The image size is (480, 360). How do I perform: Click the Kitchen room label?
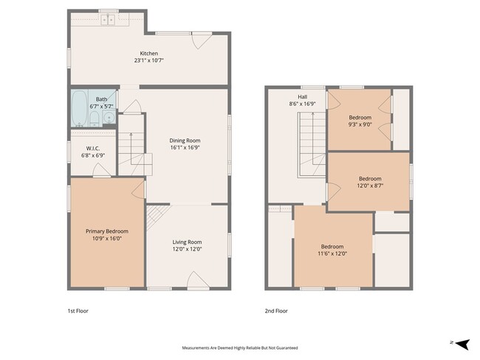[x=148, y=53]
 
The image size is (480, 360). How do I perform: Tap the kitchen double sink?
[x=108, y=20]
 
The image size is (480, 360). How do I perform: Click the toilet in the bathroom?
[x=95, y=118]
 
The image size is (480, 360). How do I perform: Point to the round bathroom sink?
[x=109, y=118]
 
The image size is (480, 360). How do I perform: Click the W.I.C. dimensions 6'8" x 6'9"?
[x=93, y=155]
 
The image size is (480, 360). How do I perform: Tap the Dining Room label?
[x=185, y=140]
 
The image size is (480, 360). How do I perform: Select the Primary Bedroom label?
[x=107, y=231]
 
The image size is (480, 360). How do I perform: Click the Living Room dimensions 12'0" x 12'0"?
[x=187, y=249]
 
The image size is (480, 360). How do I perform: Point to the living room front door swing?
[x=198, y=280]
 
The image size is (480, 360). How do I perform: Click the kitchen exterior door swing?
[x=202, y=41]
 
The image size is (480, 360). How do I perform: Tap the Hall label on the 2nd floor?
[x=303, y=97]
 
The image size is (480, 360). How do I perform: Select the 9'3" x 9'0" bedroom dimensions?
[x=360, y=124]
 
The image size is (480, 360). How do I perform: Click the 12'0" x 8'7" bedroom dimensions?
[x=370, y=186]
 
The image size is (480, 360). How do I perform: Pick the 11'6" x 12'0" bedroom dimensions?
[x=332, y=254]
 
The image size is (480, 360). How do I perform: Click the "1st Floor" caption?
[x=78, y=311]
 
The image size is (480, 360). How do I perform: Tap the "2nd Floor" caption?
[x=276, y=311]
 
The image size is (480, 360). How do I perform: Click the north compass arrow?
[x=462, y=344]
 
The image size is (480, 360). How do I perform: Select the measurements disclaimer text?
[x=240, y=347]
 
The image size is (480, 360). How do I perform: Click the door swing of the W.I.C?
[x=101, y=170]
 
